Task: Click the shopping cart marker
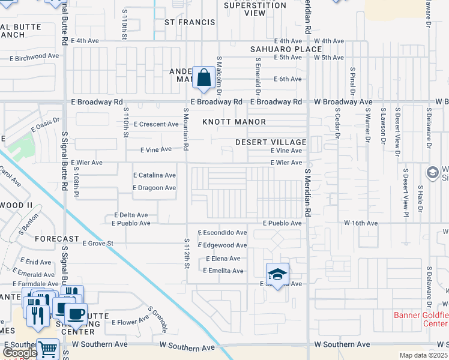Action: tap(47, 350)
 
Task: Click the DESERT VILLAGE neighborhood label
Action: tap(271, 142)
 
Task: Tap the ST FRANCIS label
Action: tap(190, 22)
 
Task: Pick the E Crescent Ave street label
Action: tap(156, 124)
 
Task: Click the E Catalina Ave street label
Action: tap(154, 175)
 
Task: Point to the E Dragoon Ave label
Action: tap(154, 188)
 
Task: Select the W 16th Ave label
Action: tap(361, 223)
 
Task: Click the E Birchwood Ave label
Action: tap(34, 59)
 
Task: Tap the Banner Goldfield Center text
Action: tap(421, 319)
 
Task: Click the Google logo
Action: tap(20, 353)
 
